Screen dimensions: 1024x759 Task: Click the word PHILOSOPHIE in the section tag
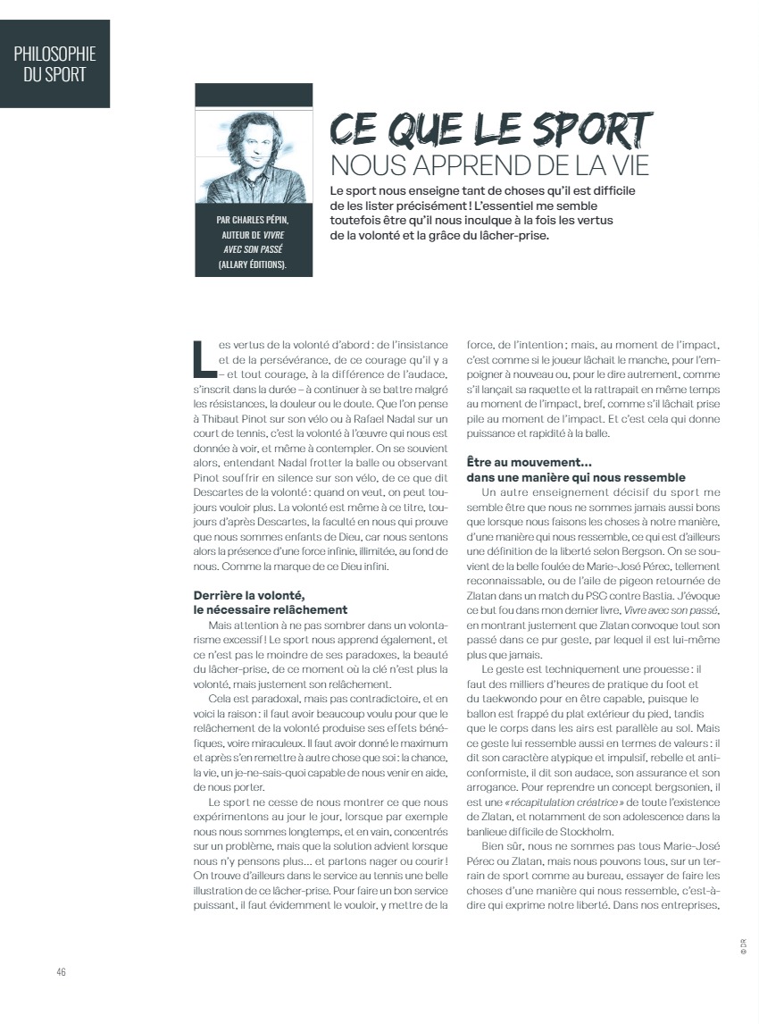pos(54,54)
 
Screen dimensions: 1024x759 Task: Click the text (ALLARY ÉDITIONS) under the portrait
pos(253,264)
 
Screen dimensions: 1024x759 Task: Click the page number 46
pos(61,972)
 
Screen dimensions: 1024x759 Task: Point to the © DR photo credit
pos(742,946)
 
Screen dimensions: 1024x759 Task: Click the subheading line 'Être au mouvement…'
pos(530,463)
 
